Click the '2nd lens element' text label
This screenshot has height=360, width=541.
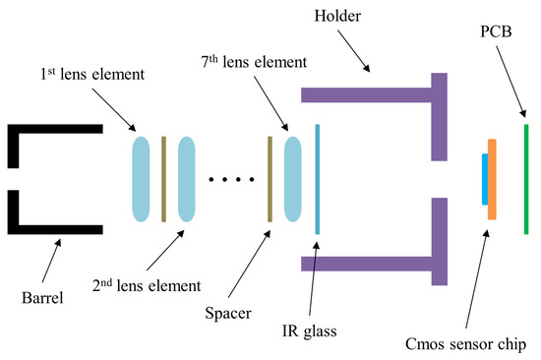146,286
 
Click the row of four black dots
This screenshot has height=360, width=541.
231,179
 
